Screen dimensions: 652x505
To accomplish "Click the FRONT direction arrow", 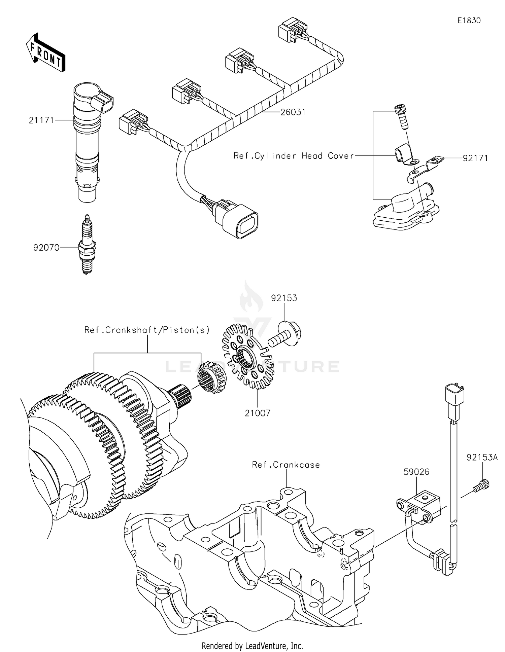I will (45, 53).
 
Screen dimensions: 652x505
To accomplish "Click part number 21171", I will (41, 120).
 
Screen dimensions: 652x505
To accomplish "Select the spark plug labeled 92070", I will (87, 245).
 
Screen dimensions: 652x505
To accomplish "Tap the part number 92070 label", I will (46, 248).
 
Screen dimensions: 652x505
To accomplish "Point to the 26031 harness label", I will (293, 112).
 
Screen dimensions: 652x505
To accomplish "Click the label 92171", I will (475, 158).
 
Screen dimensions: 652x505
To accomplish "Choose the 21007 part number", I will (257, 413).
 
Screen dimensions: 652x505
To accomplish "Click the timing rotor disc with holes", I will (245, 357).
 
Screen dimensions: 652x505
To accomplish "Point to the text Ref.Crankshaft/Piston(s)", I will (147, 330).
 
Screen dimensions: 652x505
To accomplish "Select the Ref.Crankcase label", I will (286, 465).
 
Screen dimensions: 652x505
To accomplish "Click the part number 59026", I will (416, 472).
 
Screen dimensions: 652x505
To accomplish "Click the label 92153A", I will (482, 458).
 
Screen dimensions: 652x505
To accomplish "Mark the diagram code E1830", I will (469, 21).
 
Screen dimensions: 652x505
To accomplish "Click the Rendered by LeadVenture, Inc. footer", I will (252, 646).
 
